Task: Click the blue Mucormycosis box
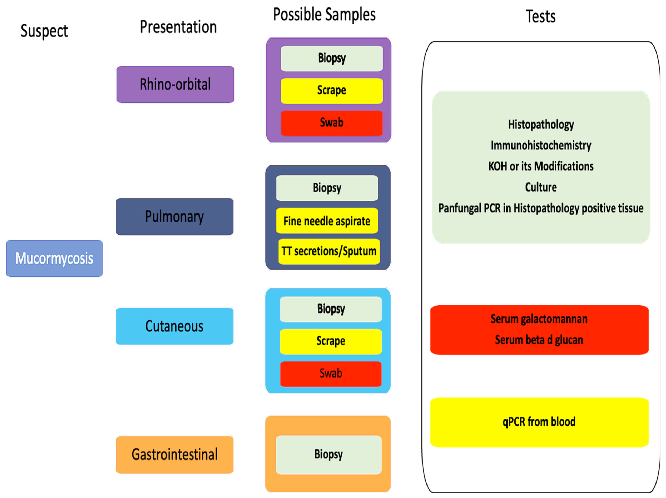coord(54,258)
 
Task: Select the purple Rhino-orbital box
coord(175,84)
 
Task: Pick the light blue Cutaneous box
coord(175,326)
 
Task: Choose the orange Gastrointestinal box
coord(175,454)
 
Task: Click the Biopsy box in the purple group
coord(332,58)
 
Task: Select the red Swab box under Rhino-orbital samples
coord(332,123)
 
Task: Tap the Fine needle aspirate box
coord(327,221)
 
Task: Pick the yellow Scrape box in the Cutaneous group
coord(331,341)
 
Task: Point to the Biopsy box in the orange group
coord(329,454)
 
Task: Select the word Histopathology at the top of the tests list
coord(541,124)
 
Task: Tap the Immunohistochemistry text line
coord(541,145)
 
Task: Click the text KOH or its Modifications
coord(541,166)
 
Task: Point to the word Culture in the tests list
coord(541,187)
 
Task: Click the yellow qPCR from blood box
coord(539,422)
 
